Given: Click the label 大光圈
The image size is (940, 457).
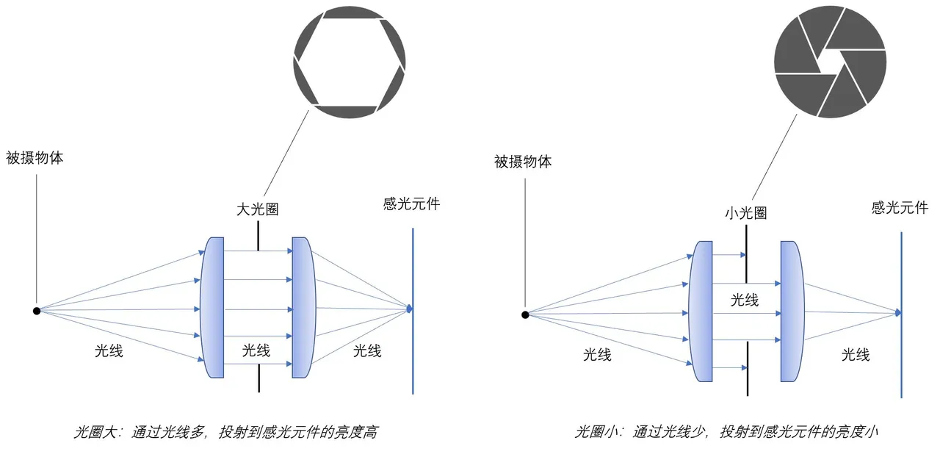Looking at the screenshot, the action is tap(257, 209).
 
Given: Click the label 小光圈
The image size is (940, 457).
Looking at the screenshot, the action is tap(745, 213).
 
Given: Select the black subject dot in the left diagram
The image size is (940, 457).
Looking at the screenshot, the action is tap(37, 311).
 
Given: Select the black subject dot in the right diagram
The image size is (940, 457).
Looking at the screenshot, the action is tap(525, 314).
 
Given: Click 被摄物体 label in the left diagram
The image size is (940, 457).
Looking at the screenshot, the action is tap(35, 158).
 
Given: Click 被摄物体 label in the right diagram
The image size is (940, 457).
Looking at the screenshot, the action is tap(523, 162).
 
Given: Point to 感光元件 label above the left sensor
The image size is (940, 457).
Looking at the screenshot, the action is tap(411, 204).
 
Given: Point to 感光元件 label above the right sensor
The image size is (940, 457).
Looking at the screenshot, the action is tap(900, 207).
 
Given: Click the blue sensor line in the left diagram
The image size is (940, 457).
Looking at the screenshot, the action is tap(413, 311).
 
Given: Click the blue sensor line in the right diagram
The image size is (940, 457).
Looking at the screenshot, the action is tap(901, 315).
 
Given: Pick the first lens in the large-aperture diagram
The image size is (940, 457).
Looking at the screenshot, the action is tap(212, 307).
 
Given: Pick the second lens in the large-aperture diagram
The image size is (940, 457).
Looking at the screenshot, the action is tap(303, 307).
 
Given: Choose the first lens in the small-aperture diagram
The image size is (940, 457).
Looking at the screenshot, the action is tap(701, 312).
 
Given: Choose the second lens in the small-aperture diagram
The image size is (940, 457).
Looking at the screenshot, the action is tap(792, 312).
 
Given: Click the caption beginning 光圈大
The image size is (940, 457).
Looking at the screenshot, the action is tap(226, 432).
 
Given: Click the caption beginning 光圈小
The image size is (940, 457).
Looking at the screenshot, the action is tap(726, 432).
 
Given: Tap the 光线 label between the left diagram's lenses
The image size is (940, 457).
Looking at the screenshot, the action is tap(256, 350).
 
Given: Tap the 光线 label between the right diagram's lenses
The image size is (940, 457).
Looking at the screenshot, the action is tap(745, 300).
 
